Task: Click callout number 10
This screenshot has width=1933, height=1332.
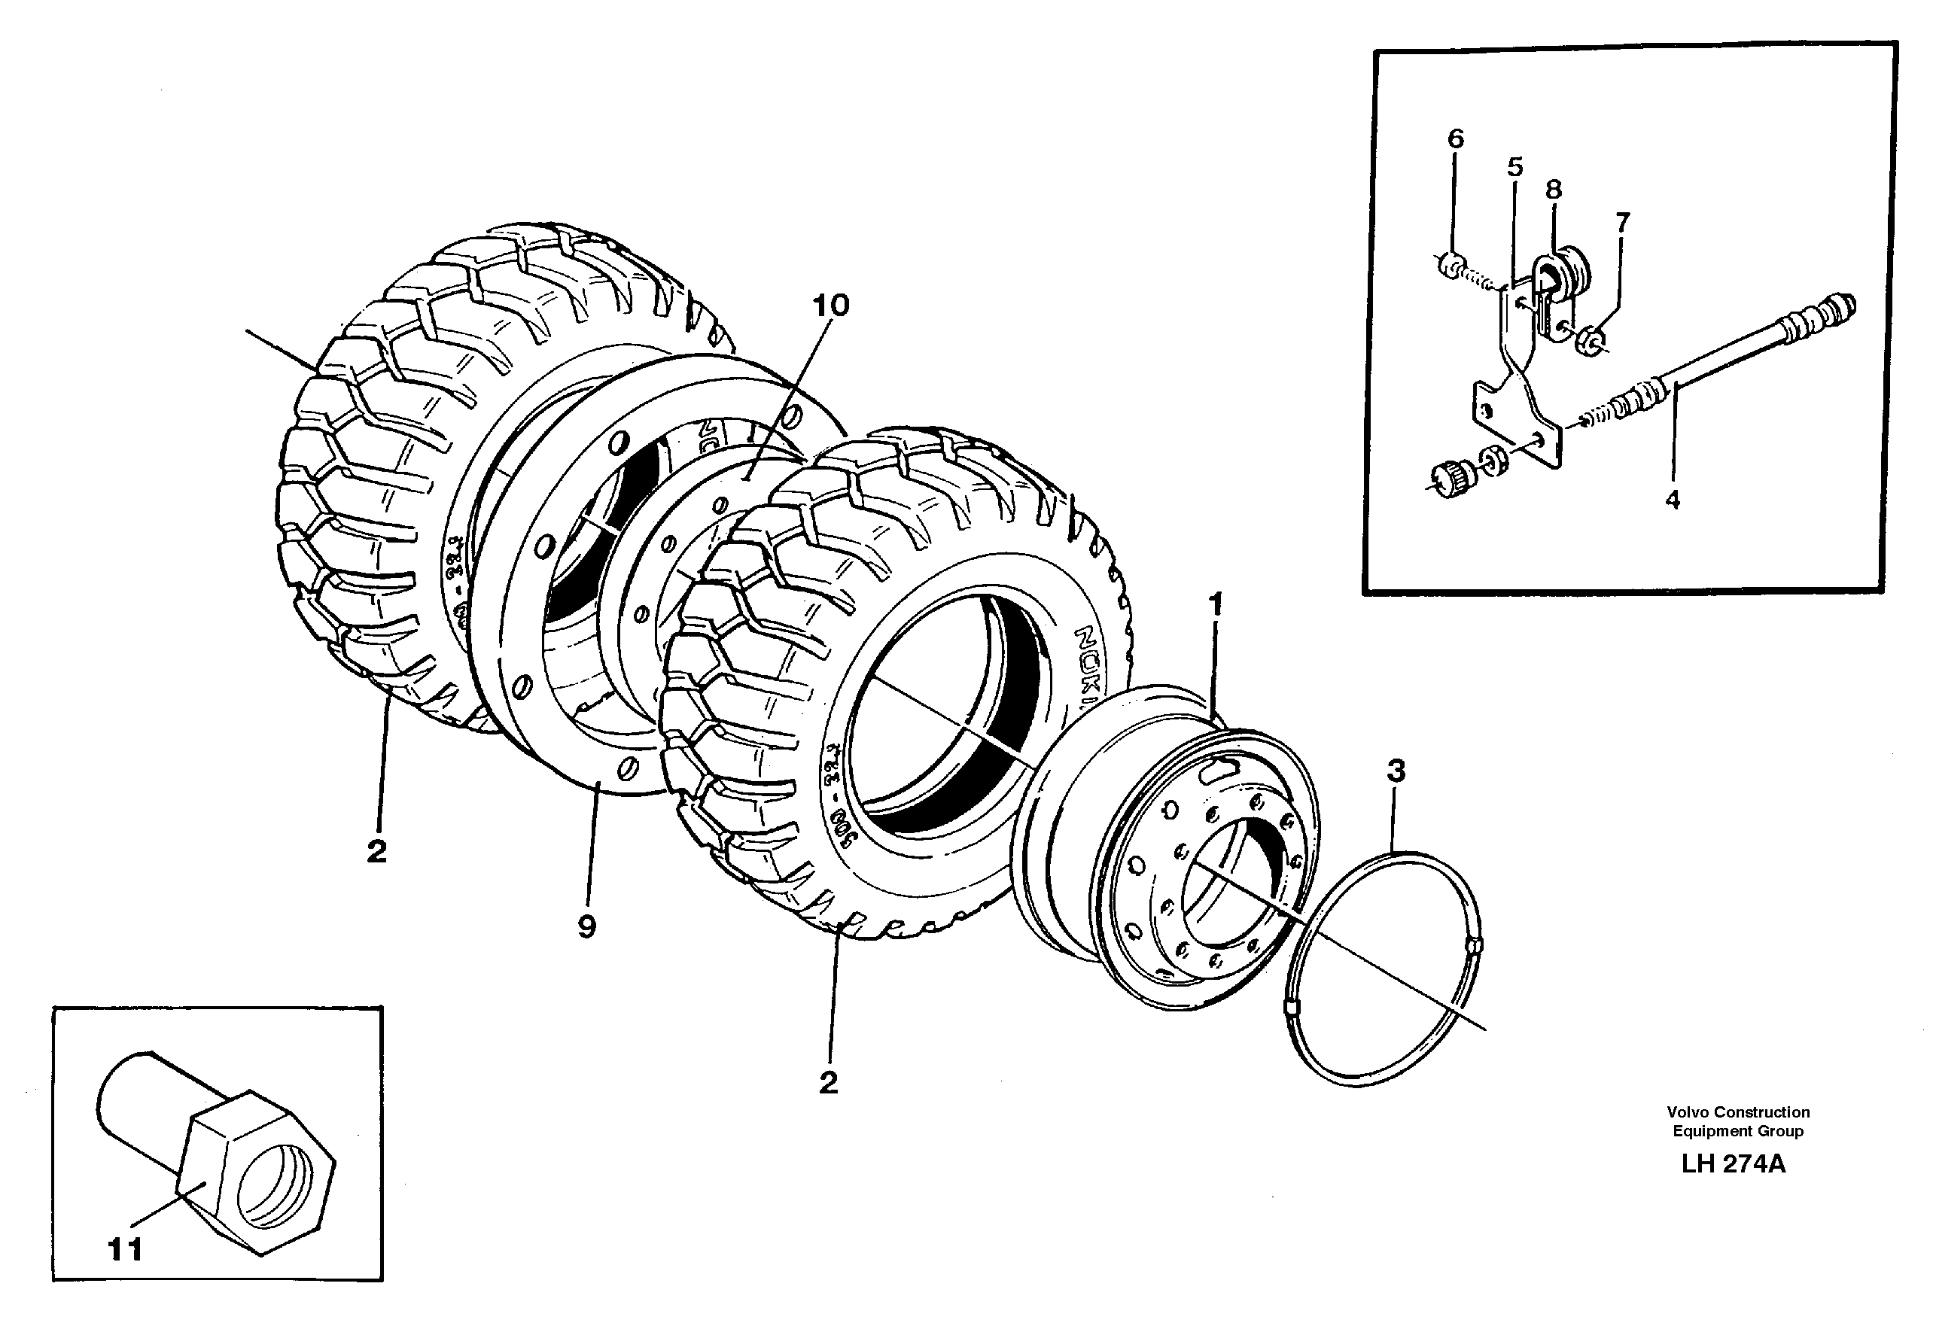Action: point(830,306)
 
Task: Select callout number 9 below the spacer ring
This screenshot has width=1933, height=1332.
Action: point(586,926)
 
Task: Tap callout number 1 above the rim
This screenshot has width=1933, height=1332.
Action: point(1216,604)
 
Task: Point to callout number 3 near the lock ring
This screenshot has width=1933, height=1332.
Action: point(1396,771)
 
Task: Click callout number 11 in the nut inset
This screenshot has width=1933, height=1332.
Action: point(124,1249)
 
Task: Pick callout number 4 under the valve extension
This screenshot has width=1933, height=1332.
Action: point(1672,500)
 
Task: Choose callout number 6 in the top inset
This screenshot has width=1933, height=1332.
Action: point(1455,138)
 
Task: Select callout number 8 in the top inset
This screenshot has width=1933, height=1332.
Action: point(1553,190)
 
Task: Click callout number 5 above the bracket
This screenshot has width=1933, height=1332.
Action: point(1514,167)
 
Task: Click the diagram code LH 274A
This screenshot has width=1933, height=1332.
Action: point(1733,1164)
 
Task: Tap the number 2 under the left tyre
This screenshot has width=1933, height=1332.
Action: point(376,852)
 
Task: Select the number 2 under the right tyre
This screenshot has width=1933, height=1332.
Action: point(828,1082)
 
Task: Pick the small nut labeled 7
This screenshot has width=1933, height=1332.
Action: point(1593,340)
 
